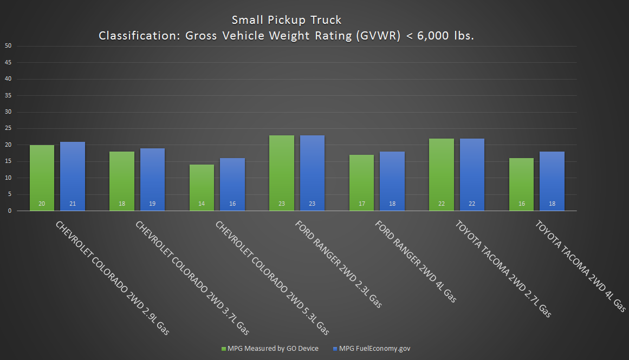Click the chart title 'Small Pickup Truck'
coord(287,20)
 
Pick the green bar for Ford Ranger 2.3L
coord(282,173)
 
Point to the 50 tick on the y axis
coord(8,45)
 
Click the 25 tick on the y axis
coord(8,128)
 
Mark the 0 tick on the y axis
coord(10,211)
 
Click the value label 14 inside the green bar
coord(202,204)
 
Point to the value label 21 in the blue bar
coord(73,204)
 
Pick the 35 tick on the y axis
coord(8,95)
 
